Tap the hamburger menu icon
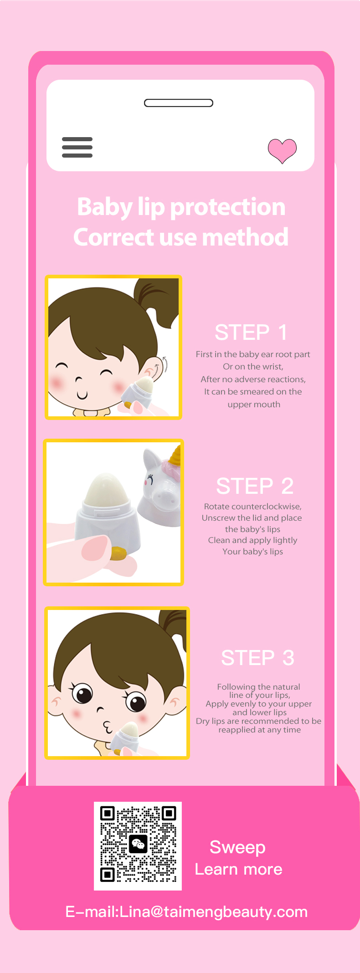point(77,147)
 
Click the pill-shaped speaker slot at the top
point(179,103)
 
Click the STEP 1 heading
point(251,333)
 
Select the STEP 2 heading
point(255,486)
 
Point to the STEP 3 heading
point(257,658)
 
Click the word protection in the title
point(227,208)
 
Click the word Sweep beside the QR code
point(237,848)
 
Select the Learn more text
point(239,870)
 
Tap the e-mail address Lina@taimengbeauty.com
point(213,912)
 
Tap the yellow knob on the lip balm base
point(118,554)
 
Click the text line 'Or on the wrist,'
point(253,367)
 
